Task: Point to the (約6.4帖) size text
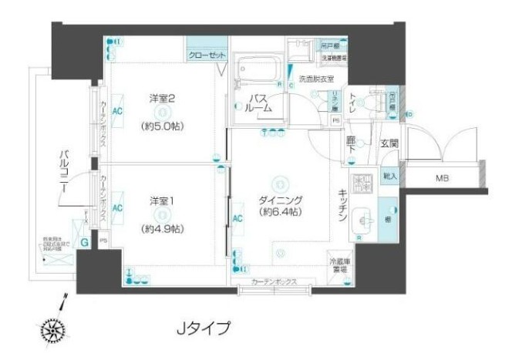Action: pos(280,212)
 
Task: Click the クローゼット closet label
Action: pos(207,56)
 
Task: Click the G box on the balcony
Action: pos(84,241)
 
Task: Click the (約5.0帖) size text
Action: pos(163,125)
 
